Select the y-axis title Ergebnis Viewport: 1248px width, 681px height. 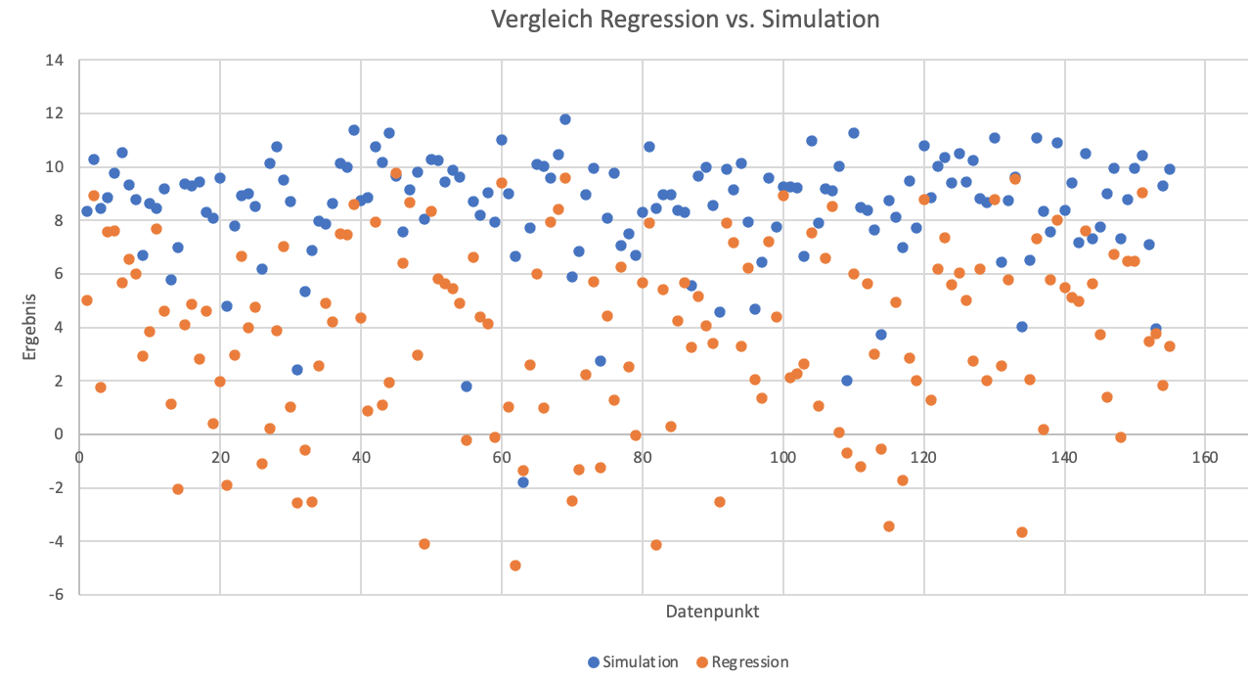31,327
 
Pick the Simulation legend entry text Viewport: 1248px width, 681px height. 641,662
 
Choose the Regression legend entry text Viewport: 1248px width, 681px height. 750,662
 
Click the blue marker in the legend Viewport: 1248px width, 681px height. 593,662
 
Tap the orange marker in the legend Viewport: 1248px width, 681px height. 701,662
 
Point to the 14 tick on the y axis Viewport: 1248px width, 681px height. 56,61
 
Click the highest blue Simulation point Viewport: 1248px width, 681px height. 565,119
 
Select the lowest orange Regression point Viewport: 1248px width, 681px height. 515,566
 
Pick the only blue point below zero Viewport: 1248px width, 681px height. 523,482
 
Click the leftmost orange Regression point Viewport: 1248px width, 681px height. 87,300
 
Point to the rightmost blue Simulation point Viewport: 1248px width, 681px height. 1169,169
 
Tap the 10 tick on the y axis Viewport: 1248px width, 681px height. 56,167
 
